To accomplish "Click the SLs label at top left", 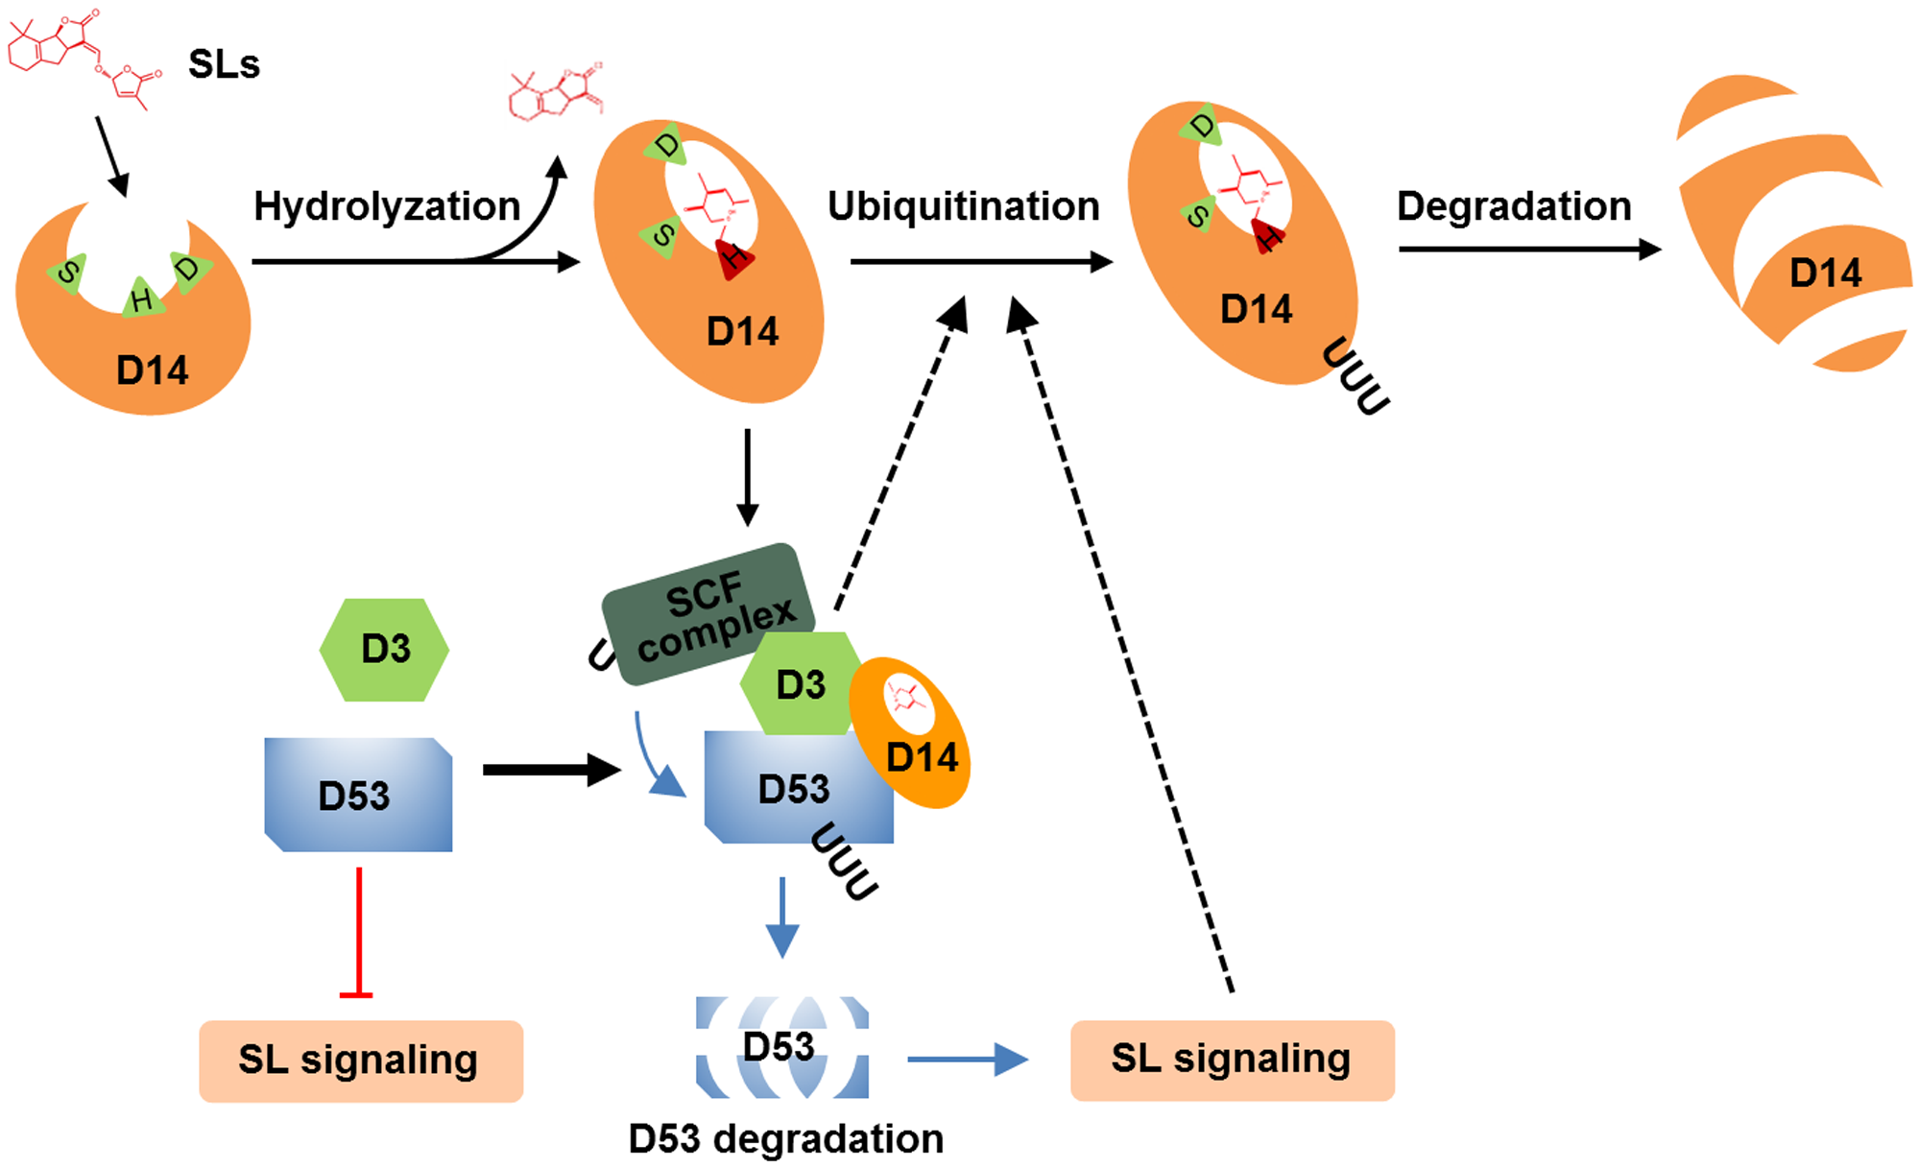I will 224,64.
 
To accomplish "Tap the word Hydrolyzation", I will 387,206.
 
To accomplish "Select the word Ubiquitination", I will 963,206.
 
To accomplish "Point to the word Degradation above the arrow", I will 1514,206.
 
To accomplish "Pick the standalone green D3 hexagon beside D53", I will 385,650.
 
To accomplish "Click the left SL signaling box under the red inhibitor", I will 360,1061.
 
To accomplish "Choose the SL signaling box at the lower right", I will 1232,1059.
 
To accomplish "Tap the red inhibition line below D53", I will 358,931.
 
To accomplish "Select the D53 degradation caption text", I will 786,1139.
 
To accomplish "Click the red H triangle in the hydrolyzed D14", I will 734,257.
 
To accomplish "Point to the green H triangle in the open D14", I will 142,299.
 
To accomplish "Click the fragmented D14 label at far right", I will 1825,274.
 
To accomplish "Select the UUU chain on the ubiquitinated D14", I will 1355,376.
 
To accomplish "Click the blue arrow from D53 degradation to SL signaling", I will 967,1059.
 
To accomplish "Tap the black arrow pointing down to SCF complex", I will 747,477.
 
